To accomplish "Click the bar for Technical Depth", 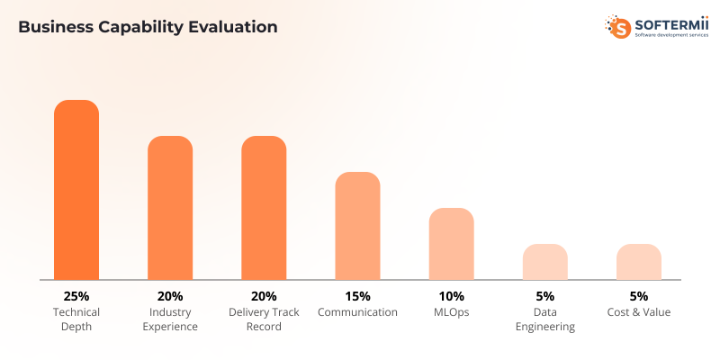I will [x=76, y=190].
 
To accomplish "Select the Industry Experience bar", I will [x=170, y=208].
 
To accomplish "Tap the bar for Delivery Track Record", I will [x=264, y=208].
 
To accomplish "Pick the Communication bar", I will [x=357, y=226].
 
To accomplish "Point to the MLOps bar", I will [x=451, y=244].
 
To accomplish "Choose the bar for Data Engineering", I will [x=544, y=262].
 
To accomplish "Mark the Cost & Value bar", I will [x=639, y=262].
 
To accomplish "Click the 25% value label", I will [x=76, y=296].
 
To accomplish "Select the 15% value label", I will [x=357, y=296].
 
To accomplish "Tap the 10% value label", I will [x=451, y=296].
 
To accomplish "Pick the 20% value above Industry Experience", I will [x=170, y=296].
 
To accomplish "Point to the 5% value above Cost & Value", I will [x=639, y=296].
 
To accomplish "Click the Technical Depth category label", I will [x=76, y=319].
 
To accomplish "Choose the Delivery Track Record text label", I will [x=264, y=319].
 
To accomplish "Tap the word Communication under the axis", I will [x=357, y=312].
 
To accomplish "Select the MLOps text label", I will [x=451, y=312].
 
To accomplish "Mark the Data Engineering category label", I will [x=544, y=319].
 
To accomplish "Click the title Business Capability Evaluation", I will [x=148, y=27].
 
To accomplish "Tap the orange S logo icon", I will [x=619, y=27].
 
